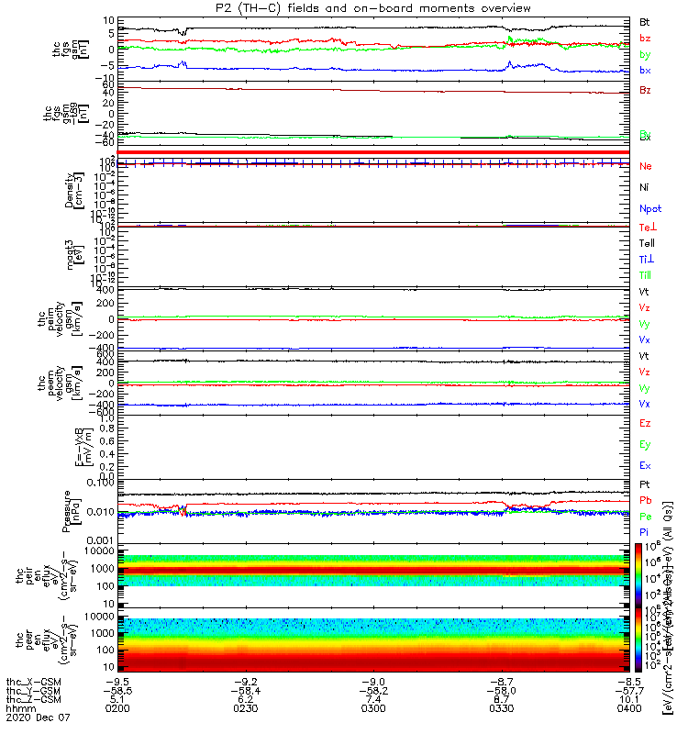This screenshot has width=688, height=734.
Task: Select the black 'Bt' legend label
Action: click(x=645, y=21)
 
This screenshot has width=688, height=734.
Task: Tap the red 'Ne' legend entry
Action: click(x=645, y=166)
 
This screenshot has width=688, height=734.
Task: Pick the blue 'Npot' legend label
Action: click(x=649, y=208)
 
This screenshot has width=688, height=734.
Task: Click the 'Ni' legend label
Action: click(x=644, y=187)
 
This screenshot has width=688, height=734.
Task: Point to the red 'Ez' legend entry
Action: click(x=645, y=424)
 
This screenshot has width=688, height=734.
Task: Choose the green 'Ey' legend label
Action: click(x=645, y=445)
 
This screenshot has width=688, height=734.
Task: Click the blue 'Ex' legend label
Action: click(x=645, y=466)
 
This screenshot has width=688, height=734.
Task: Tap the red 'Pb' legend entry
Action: click(x=645, y=500)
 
